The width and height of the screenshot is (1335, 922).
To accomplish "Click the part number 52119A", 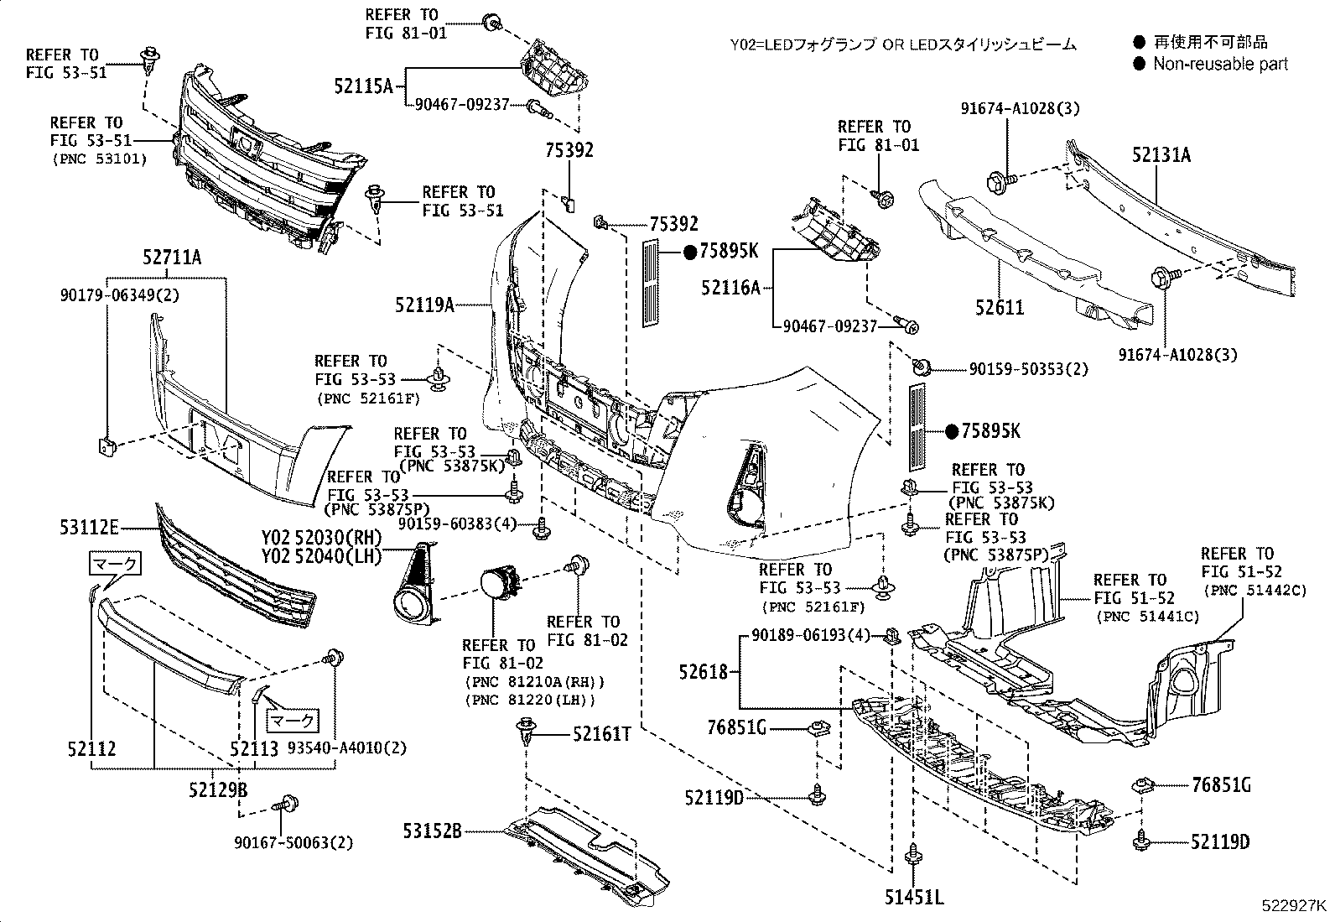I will pyautogui.click(x=424, y=305).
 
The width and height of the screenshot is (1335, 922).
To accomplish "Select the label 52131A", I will pyautogui.click(x=1161, y=155).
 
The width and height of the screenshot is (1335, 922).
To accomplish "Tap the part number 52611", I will pyautogui.click(x=1000, y=308).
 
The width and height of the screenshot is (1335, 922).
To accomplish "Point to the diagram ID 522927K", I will pyautogui.click(x=1295, y=907).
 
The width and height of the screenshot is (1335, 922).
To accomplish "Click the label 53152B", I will pyautogui.click(x=432, y=831).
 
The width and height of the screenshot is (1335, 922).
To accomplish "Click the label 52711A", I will pyautogui.click(x=171, y=258).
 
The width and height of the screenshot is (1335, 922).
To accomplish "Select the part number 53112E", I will pyautogui.click(x=89, y=528).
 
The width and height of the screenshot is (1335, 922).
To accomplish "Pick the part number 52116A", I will pyautogui.click(x=730, y=288).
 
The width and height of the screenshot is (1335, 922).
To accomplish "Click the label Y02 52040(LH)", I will pyautogui.click(x=321, y=555).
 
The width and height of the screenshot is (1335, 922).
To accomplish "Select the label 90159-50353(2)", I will pyautogui.click(x=1028, y=369).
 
